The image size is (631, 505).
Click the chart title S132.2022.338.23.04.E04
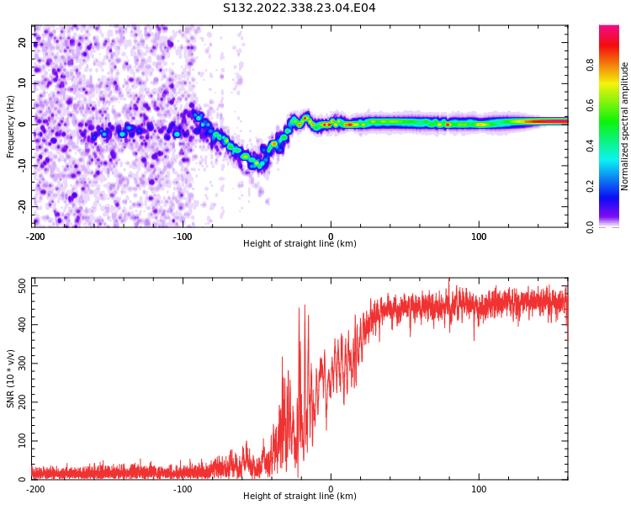(x=299, y=8)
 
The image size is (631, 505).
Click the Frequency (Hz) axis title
(x=10, y=126)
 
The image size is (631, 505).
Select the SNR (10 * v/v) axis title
(x=10, y=379)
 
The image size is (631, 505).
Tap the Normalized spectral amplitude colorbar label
(x=624, y=126)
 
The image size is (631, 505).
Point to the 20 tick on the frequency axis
(x=23, y=42)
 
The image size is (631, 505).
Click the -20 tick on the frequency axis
(x=23, y=207)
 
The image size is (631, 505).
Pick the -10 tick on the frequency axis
(x=23, y=166)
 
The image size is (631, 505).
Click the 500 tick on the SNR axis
(x=23, y=286)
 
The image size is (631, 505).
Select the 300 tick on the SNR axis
(x=23, y=364)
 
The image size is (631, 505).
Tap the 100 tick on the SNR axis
(x=23, y=440)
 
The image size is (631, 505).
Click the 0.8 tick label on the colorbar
(x=590, y=65)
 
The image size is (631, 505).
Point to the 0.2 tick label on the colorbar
(x=590, y=187)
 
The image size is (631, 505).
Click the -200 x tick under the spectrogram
(x=35, y=237)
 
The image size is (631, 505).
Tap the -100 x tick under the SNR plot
(x=183, y=489)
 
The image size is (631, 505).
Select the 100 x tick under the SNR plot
(x=479, y=489)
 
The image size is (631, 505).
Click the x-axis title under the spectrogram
(x=300, y=243)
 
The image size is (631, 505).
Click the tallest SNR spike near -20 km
(x=305, y=306)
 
